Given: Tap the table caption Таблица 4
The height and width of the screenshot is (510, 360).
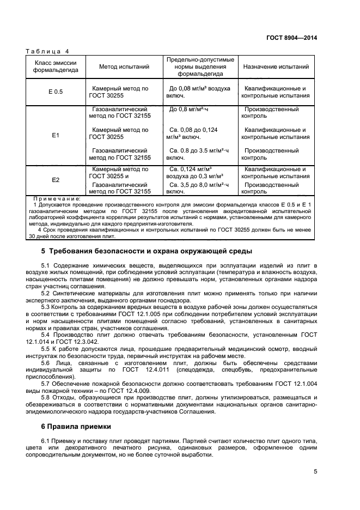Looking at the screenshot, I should point(48,51).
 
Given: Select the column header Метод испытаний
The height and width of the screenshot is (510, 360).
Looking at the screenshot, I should point(124,67).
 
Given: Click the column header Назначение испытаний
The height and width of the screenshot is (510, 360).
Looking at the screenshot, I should point(276,67).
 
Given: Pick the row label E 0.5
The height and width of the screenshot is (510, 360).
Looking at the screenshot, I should point(56,92).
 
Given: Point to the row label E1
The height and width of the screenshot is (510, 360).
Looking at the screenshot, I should point(56,134).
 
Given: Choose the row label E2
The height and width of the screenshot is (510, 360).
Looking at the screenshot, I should point(56,180).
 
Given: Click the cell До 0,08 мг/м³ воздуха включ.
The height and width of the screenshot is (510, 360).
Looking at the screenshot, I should point(199,92).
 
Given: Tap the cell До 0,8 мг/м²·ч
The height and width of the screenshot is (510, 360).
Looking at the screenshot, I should point(189,110).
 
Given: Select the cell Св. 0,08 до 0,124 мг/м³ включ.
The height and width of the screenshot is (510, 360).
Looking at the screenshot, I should point(193,133).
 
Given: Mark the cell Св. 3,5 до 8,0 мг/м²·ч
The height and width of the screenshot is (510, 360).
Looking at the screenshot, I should point(196,188).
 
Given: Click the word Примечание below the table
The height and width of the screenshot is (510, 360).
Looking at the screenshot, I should point(57,199).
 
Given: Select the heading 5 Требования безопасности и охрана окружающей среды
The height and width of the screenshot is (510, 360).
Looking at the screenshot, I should point(147,251).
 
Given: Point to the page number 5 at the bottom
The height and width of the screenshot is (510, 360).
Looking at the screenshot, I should point(315,472).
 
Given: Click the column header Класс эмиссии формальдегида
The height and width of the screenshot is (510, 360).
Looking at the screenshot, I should point(56,67).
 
